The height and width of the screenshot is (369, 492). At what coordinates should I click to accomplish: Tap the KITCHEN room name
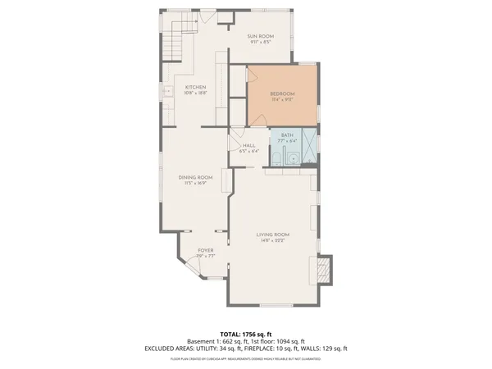[x=195, y=87]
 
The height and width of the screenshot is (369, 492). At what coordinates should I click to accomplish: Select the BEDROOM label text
[x=283, y=95]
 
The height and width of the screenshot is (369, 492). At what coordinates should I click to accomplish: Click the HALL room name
[x=248, y=145]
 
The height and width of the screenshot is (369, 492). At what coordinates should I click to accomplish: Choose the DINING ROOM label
[x=196, y=177]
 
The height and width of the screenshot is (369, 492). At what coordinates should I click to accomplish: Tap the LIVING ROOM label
[x=272, y=235]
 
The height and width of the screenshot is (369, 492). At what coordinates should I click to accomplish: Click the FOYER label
[x=205, y=250]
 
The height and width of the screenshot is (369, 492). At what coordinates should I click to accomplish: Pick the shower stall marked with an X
[x=310, y=144]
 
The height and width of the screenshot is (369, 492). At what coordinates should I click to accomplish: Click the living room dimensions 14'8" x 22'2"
[x=272, y=241]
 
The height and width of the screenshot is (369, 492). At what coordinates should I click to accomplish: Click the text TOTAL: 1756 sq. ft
[x=246, y=334]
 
